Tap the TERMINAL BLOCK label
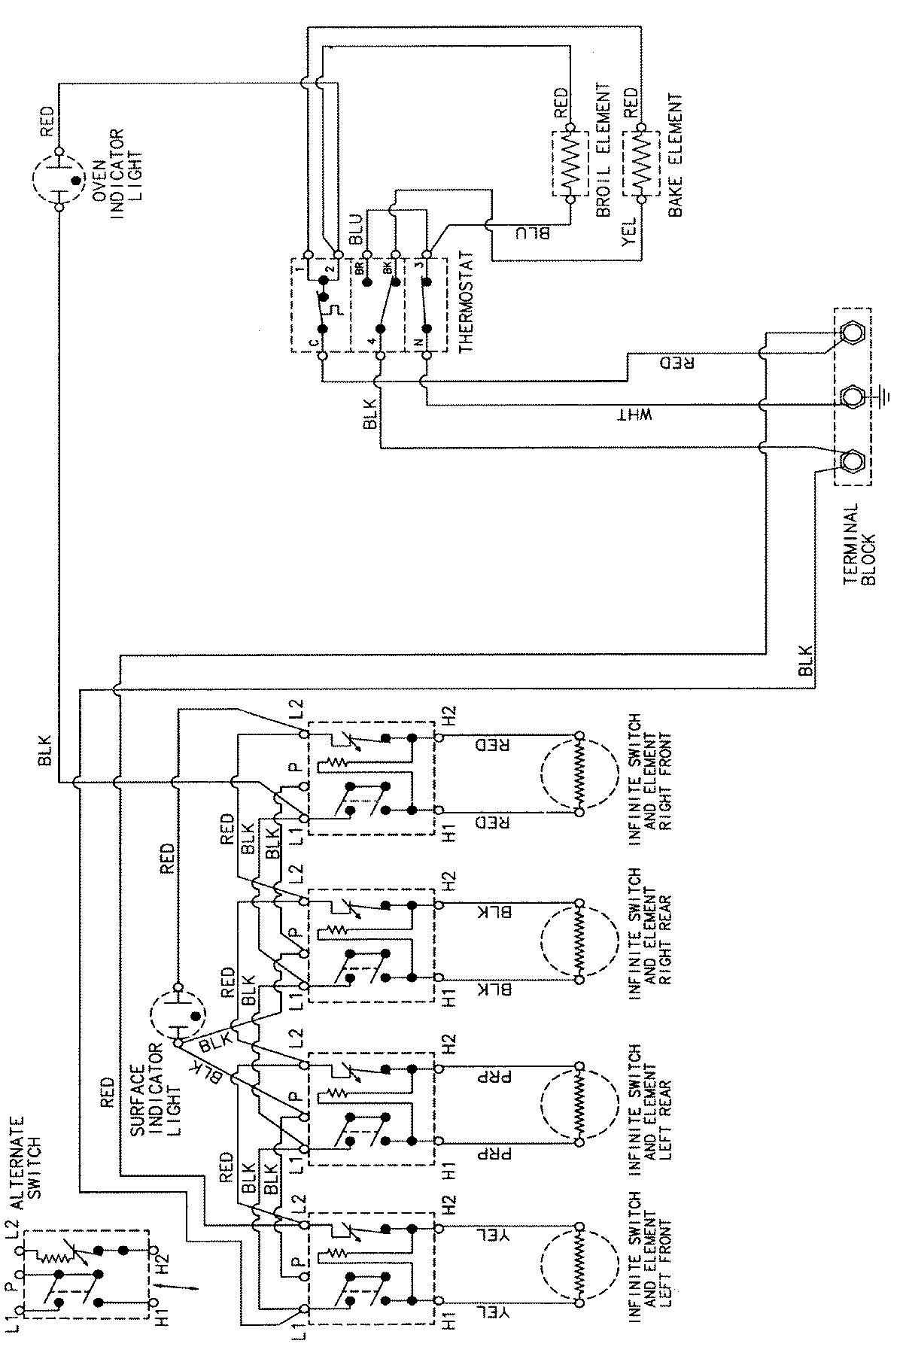[860, 547]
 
